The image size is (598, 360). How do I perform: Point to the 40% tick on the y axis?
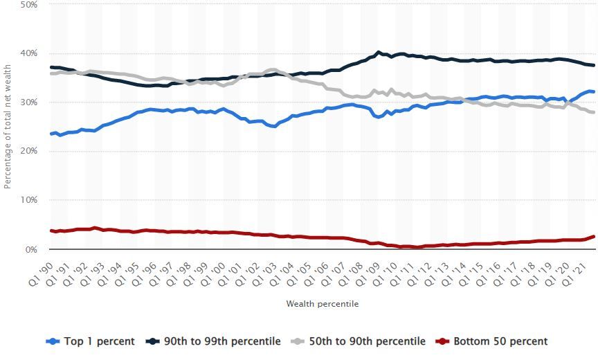tap(28, 53)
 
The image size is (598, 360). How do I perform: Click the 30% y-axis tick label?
tap(28, 102)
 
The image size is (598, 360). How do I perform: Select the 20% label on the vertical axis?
tap(28, 151)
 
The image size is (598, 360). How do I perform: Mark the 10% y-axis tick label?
tap(28, 200)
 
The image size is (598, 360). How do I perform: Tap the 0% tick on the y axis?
tap(31, 249)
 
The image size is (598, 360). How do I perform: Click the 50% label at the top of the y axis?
tap(28, 5)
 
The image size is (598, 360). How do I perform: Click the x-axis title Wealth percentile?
tap(322, 303)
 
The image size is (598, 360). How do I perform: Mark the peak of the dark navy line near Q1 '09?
tap(378, 52)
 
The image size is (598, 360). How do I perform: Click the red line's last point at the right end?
tap(594, 237)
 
